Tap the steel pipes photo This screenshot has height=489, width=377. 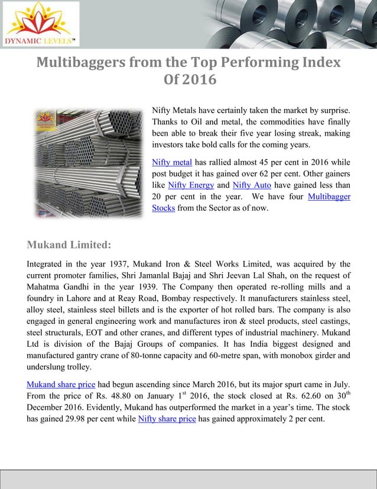[89, 162]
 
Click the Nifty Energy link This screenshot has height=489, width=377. [191, 185]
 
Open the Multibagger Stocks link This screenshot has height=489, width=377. [329, 197]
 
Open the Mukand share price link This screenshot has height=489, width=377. [61, 384]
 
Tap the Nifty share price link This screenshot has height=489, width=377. [167, 419]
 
